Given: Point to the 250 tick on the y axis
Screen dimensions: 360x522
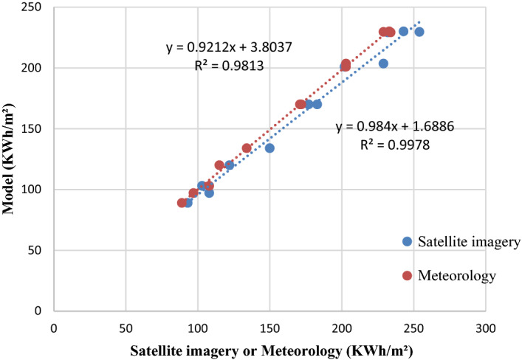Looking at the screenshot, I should (x=36, y=7).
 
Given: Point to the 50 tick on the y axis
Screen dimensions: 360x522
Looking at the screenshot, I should (x=39, y=250).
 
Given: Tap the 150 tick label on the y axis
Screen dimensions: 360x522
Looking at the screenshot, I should (x=36, y=128).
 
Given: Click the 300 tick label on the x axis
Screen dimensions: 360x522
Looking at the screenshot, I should (x=484, y=325).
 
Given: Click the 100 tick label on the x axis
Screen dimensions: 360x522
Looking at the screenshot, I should (x=197, y=325).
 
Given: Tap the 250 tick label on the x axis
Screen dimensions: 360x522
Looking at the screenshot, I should (x=413, y=325).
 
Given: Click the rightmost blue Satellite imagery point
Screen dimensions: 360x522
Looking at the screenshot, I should (x=419, y=32).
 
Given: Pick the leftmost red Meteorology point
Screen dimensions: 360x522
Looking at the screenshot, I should (x=182, y=203).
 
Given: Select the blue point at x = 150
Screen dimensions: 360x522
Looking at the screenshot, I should (x=269, y=148).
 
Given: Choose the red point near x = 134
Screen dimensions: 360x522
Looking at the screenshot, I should (x=247, y=148).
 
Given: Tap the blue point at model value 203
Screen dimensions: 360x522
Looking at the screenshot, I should (x=383, y=63).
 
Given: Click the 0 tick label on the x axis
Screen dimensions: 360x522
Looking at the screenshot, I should (x=54, y=325).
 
